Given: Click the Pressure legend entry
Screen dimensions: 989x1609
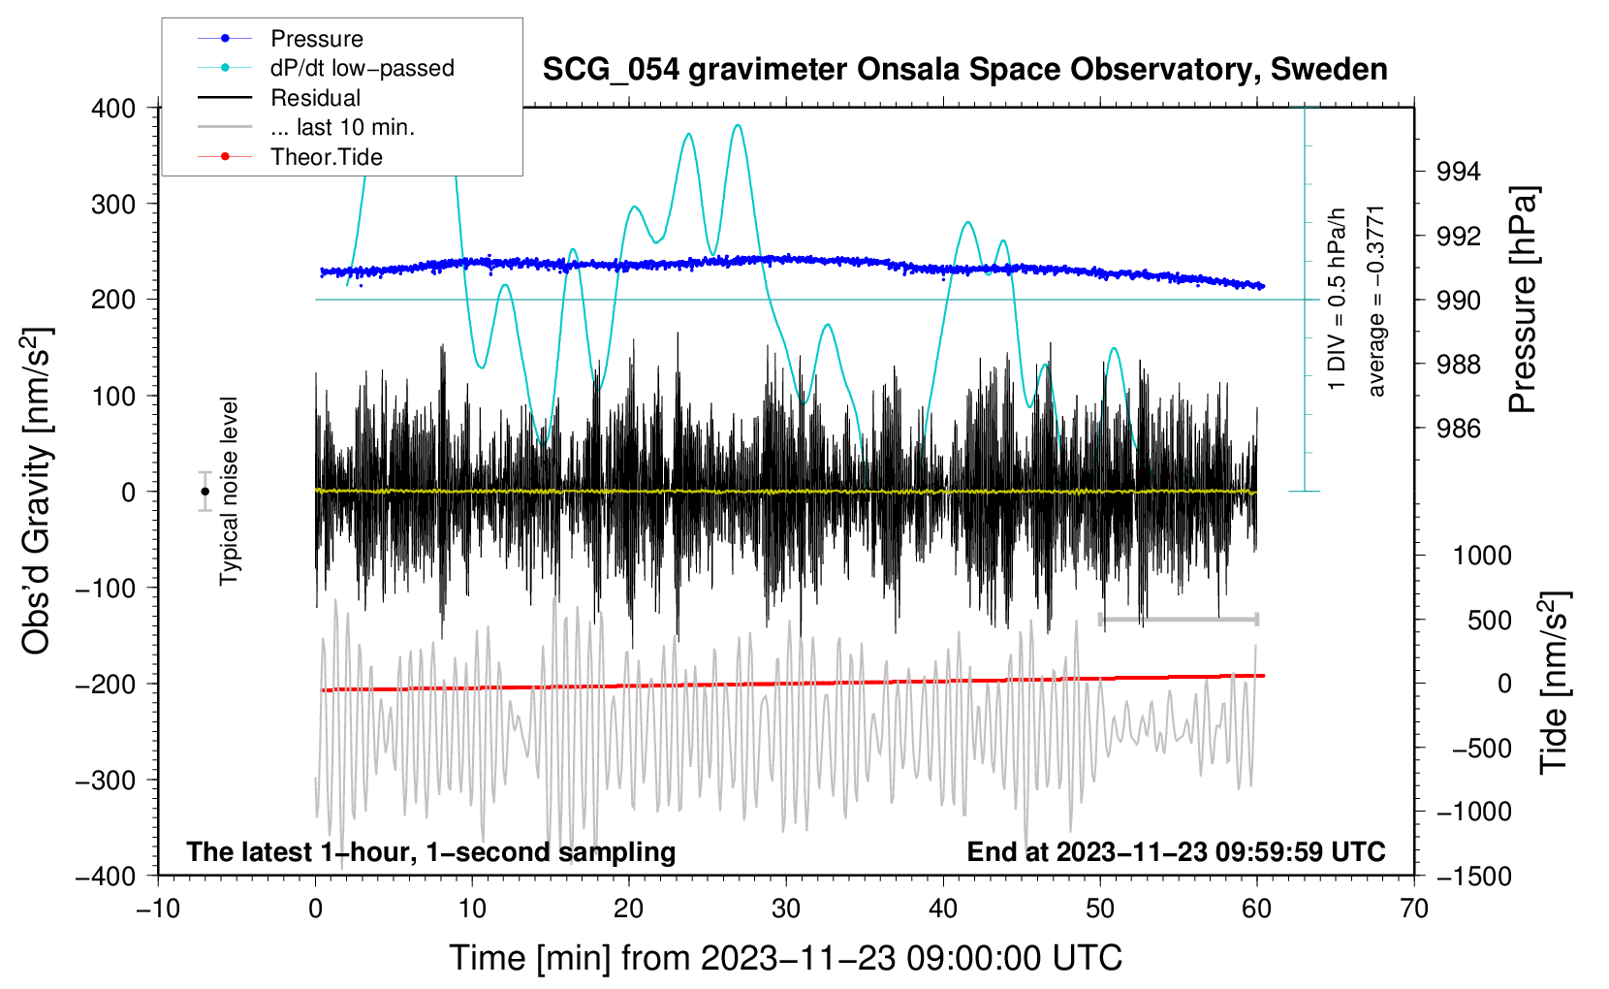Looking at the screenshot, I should (x=316, y=39).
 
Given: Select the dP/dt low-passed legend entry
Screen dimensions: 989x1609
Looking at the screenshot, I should (x=362, y=68).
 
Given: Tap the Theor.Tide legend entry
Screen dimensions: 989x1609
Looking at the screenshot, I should (x=327, y=157).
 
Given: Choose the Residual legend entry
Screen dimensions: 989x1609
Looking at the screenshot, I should (x=315, y=98).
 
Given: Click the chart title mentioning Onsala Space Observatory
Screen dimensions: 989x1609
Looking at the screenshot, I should (x=964, y=70).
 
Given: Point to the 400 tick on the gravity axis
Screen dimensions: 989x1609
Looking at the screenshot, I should (x=113, y=109).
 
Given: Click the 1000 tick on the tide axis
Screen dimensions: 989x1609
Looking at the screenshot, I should (x=1482, y=556).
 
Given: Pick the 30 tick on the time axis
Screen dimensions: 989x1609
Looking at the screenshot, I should (x=786, y=909).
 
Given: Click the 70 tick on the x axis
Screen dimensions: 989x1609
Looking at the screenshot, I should (x=1414, y=909).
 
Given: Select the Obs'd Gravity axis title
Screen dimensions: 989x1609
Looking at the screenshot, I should (x=36, y=491).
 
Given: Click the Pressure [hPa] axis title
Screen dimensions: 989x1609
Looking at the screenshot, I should (x=1523, y=301).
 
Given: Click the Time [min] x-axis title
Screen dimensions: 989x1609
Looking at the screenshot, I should (x=785, y=958).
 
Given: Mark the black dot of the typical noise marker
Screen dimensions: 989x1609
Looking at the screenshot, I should (x=205, y=492).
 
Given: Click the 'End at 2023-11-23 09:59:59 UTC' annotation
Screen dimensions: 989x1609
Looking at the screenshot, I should (x=1176, y=851).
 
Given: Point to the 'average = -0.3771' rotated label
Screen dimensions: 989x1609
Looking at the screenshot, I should (x=1376, y=301).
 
